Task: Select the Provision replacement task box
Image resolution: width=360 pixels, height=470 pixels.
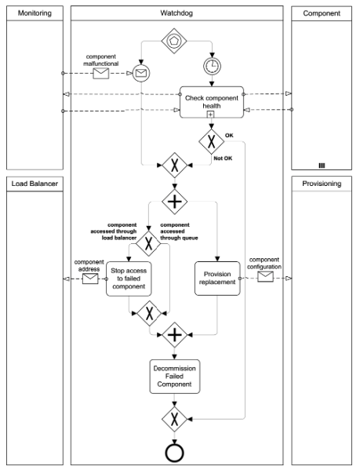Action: [216, 278]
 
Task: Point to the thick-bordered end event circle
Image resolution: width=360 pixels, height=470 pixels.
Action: [173, 453]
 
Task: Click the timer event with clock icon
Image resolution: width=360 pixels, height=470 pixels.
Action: [211, 66]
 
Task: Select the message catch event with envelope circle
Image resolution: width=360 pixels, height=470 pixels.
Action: [141, 74]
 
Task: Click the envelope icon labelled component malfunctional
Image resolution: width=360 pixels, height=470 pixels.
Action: [101, 74]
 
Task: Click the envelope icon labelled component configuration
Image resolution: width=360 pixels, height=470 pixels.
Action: [265, 276]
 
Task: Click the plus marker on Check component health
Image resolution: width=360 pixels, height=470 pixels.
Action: [211, 115]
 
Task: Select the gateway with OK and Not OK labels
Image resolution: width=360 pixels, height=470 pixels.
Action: [211, 143]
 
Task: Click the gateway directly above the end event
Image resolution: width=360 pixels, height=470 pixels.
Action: [173, 418]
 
